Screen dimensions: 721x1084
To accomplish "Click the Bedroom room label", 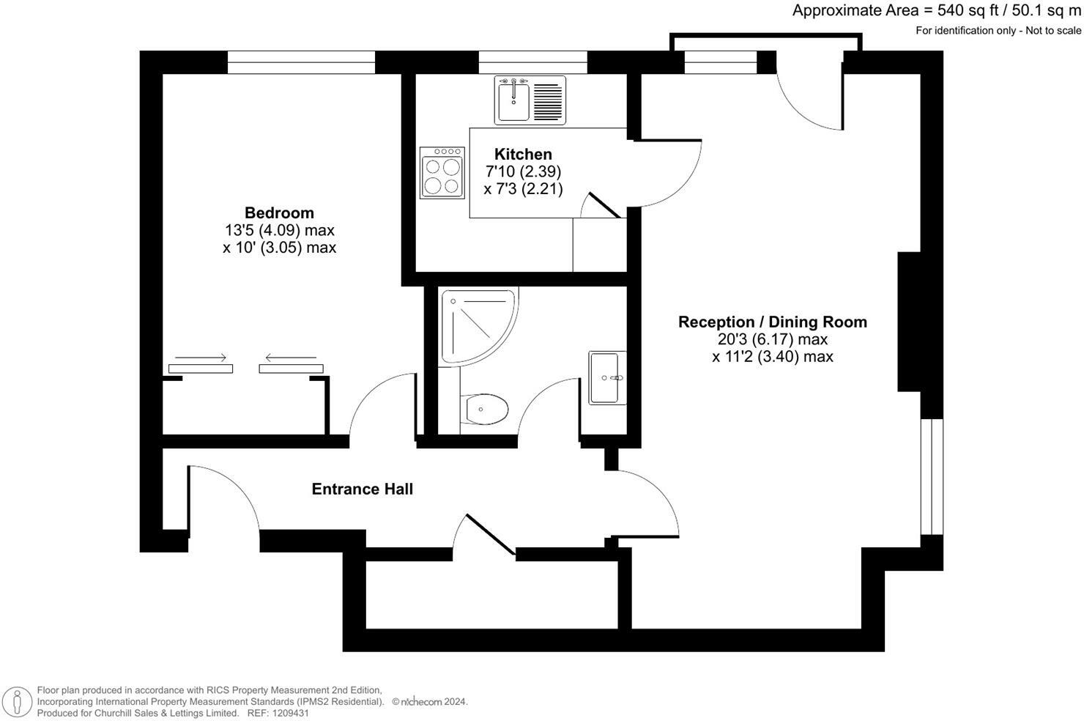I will [x=279, y=212].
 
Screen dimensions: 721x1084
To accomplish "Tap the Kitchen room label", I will [x=523, y=154].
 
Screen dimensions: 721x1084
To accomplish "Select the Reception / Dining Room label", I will [x=772, y=322].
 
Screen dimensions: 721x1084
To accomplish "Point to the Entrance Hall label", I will [x=362, y=489].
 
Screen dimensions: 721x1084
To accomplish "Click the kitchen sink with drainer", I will [x=530, y=100].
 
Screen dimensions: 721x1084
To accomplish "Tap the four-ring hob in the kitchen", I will [x=442, y=173].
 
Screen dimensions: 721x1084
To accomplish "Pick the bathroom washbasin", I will [x=607, y=377].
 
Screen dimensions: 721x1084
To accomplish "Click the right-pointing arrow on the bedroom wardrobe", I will [x=201, y=358].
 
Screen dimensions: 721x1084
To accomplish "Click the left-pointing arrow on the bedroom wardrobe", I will [x=291, y=358].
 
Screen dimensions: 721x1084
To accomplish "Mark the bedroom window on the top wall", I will [x=301, y=62].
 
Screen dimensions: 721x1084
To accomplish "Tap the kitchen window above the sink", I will [x=532, y=62].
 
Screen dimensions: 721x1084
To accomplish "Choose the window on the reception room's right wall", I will [x=932, y=476].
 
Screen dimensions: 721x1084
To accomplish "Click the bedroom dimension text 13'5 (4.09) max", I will [x=279, y=230].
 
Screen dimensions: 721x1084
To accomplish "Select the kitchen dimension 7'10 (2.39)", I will [x=523, y=171].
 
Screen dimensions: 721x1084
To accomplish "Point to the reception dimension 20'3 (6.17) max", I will [x=772, y=339].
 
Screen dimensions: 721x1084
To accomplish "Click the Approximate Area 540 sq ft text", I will [x=936, y=11].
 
